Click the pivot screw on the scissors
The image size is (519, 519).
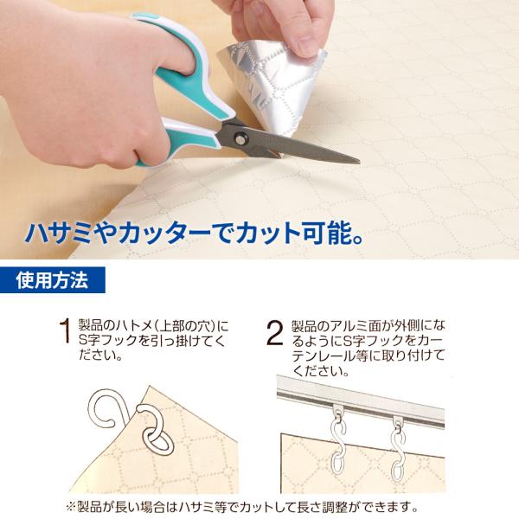240,138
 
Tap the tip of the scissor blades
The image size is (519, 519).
360,162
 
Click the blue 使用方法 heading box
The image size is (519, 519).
52,280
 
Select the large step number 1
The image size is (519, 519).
65,331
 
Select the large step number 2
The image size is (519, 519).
274,332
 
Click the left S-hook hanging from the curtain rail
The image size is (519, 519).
337,440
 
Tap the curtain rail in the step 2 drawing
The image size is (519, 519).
361,401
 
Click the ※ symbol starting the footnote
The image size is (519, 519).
71,506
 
